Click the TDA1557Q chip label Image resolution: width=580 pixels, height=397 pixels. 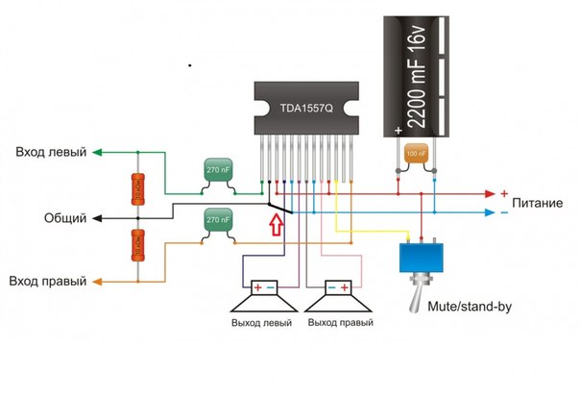click(x=305, y=109)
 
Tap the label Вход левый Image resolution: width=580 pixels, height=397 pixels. click(x=49, y=152)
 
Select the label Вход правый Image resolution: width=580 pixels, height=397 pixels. click(x=48, y=282)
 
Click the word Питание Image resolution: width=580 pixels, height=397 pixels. click(x=544, y=205)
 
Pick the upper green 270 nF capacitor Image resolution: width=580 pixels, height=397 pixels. click(x=218, y=170)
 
